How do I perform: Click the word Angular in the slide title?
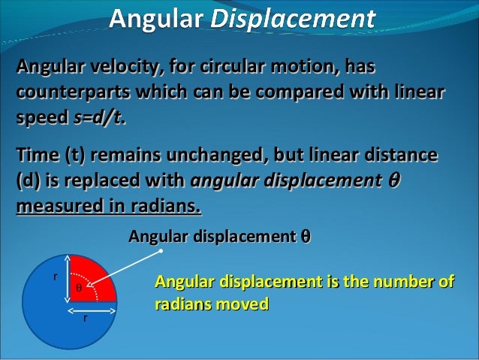pos(155,17)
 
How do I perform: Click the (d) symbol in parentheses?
pos(27,181)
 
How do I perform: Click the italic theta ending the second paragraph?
pos(390,181)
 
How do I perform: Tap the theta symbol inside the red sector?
pos(78,288)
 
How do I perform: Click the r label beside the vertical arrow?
pos(54,276)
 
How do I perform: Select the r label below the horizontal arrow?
pos(84,318)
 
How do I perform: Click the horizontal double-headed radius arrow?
pos(92,308)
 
